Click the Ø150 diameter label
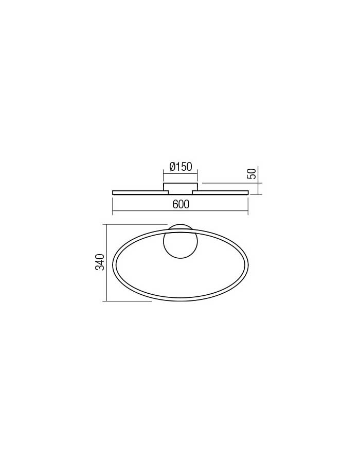[x=181, y=167]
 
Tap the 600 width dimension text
[x=181, y=204]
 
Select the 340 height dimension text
[x=100, y=262]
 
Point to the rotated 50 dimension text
[x=251, y=173]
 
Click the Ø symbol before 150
[x=173, y=167]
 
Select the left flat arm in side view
[x=140, y=193]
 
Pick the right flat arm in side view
[x=221, y=193]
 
